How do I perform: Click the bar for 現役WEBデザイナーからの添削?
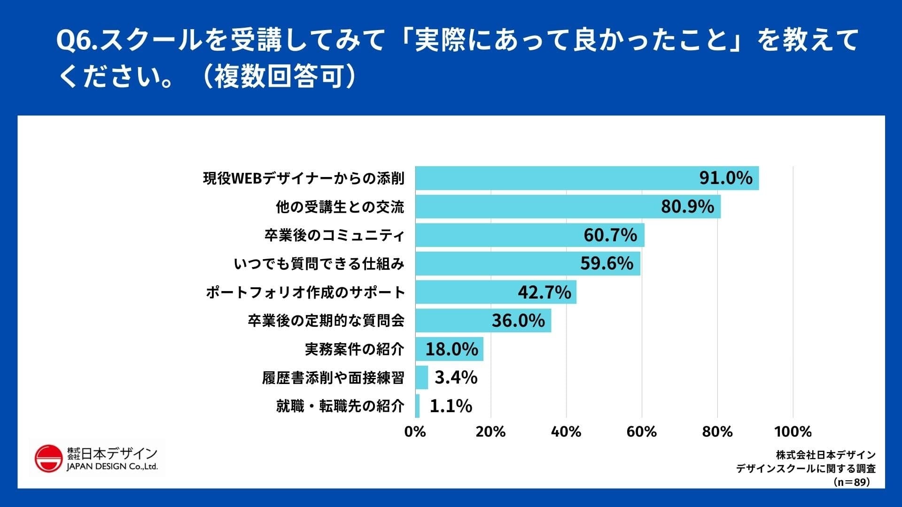click(x=554, y=178)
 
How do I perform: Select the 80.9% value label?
click(x=687, y=207)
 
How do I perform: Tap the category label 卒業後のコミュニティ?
click(x=334, y=235)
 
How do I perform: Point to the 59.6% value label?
click(x=607, y=263)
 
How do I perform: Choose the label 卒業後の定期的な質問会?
click(x=326, y=321)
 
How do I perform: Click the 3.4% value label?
click(x=456, y=377)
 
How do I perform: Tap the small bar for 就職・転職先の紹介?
click(x=417, y=406)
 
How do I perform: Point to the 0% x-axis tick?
click(x=415, y=432)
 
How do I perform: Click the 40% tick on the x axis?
click(x=566, y=432)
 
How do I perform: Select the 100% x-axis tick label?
click(x=793, y=432)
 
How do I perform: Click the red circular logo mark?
click(x=48, y=459)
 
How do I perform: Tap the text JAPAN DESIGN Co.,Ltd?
click(x=112, y=467)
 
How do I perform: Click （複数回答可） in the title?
click(x=279, y=77)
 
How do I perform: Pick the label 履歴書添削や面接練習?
click(x=333, y=378)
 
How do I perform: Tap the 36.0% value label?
click(x=518, y=321)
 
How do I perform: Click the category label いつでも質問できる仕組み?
click(x=319, y=264)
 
